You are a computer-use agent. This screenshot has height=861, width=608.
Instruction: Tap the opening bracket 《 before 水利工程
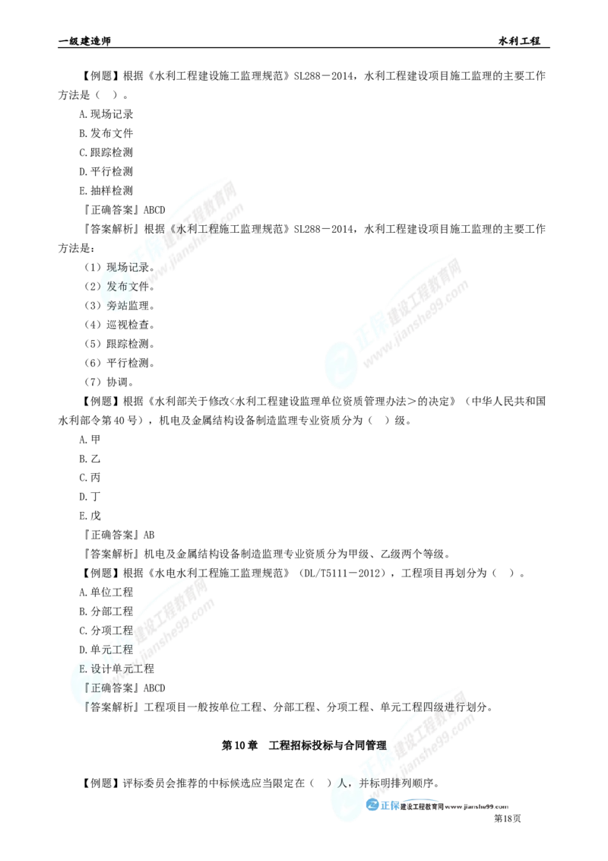(172, 228)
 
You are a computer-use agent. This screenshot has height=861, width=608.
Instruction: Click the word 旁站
(118, 306)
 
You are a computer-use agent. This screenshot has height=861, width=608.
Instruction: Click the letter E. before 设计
(84, 669)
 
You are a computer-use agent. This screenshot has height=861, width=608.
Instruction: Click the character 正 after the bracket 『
(96, 688)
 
